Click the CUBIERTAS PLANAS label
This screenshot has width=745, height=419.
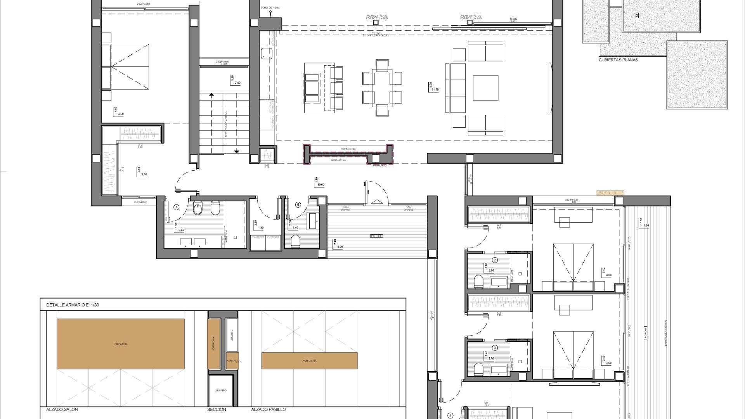click(x=618, y=60)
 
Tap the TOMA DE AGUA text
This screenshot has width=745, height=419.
click(x=270, y=8)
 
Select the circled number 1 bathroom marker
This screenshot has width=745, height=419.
click(x=177, y=207)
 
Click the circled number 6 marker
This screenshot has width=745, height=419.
click(x=298, y=204)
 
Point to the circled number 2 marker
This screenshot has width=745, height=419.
click(x=495, y=260)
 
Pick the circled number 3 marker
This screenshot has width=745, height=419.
click(x=495, y=348)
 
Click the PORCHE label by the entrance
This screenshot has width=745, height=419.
click(x=376, y=236)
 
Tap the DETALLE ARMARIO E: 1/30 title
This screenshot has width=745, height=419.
click(x=73, y=305)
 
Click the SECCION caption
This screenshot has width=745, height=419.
click(x=217, y=409)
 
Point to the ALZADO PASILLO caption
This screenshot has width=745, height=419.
click(x=269, y=409)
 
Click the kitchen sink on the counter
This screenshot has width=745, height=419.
click(x=267, y=53)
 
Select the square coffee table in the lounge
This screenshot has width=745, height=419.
click(x=485, y=88)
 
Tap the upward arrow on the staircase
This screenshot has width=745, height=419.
click(x=211, y=94)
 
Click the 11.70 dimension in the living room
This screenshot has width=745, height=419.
click(x=435, y=90)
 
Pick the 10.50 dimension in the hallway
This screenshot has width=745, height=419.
click(x=321, y=185)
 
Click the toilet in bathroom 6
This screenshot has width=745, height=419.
click(x=295, y=241)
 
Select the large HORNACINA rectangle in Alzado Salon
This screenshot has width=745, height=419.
click(x=120, y=344)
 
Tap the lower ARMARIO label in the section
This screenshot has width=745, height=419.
click(x=220, y=390)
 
